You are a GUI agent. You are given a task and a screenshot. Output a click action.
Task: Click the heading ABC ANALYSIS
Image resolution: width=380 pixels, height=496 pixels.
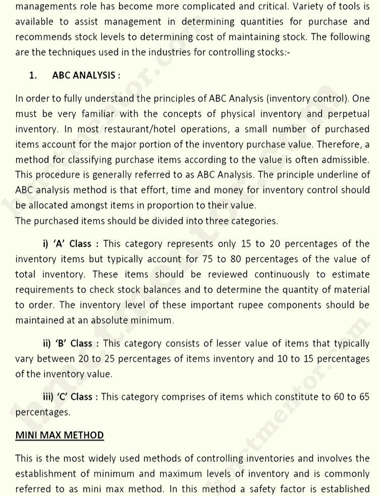point(86,75)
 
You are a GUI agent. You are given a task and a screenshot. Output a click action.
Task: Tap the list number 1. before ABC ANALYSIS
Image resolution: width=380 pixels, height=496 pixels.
point(33,75)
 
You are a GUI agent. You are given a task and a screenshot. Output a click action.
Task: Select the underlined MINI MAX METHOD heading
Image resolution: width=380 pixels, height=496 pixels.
point(60,435)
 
